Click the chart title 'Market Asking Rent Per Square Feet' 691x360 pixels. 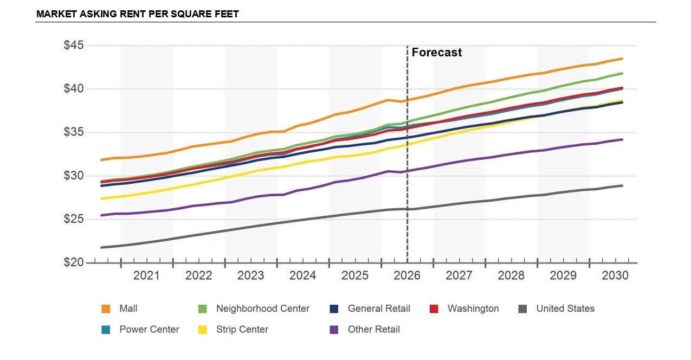point(138,14)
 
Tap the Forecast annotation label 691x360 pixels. point(437,53)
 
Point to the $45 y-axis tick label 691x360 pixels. point(74,46)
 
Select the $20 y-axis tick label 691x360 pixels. point(74,262)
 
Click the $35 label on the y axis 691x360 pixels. point(74,132)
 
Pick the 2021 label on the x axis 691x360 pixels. point(146,275)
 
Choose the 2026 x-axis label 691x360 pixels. point(407,275)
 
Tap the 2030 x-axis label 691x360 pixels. point(615,275)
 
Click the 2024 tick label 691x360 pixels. point(302,275)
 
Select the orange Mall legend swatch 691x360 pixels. point(106,309)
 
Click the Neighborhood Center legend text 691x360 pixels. point(263,308)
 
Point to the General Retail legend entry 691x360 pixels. point(370,308)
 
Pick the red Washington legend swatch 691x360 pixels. point(434,309)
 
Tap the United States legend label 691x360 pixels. point(565,308)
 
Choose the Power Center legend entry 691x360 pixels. point(140,330)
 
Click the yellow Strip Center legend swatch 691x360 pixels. point(203,330)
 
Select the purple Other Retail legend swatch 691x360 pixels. point(334,330)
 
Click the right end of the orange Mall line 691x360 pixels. point(622,59)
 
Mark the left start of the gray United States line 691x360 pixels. point(102,247)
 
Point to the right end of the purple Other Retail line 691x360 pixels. point(622,139)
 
